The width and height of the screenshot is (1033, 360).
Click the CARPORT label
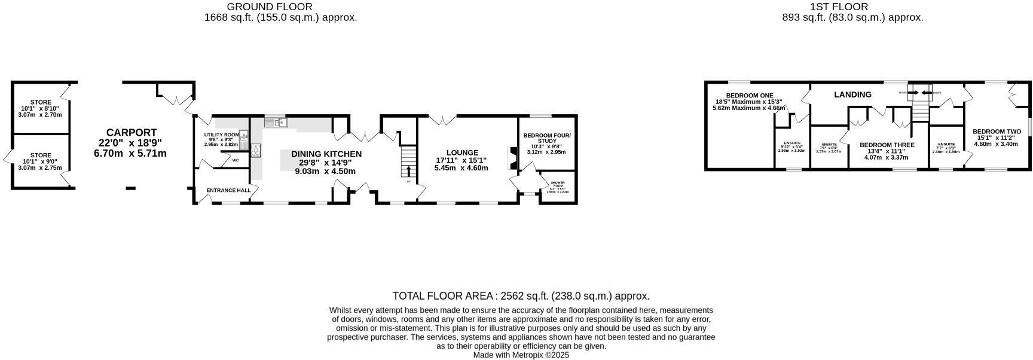click(131, 133)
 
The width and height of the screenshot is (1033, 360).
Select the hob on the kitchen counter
click(256, 150)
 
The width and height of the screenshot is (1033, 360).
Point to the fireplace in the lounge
click(509, 158)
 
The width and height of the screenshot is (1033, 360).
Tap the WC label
click(236, 160)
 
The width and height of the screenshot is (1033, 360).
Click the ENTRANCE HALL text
click(228, 190)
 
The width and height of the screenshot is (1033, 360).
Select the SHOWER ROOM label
click(557, 184)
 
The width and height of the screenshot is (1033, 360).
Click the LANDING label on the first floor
click(852, 94)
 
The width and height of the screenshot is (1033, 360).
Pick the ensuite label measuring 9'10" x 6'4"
click(791, 144)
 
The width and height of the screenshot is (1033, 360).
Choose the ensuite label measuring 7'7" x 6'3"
click(946, 145)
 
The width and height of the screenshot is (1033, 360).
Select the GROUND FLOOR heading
click(269, 7)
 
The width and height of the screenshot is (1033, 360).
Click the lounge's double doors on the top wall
click(442, 120)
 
